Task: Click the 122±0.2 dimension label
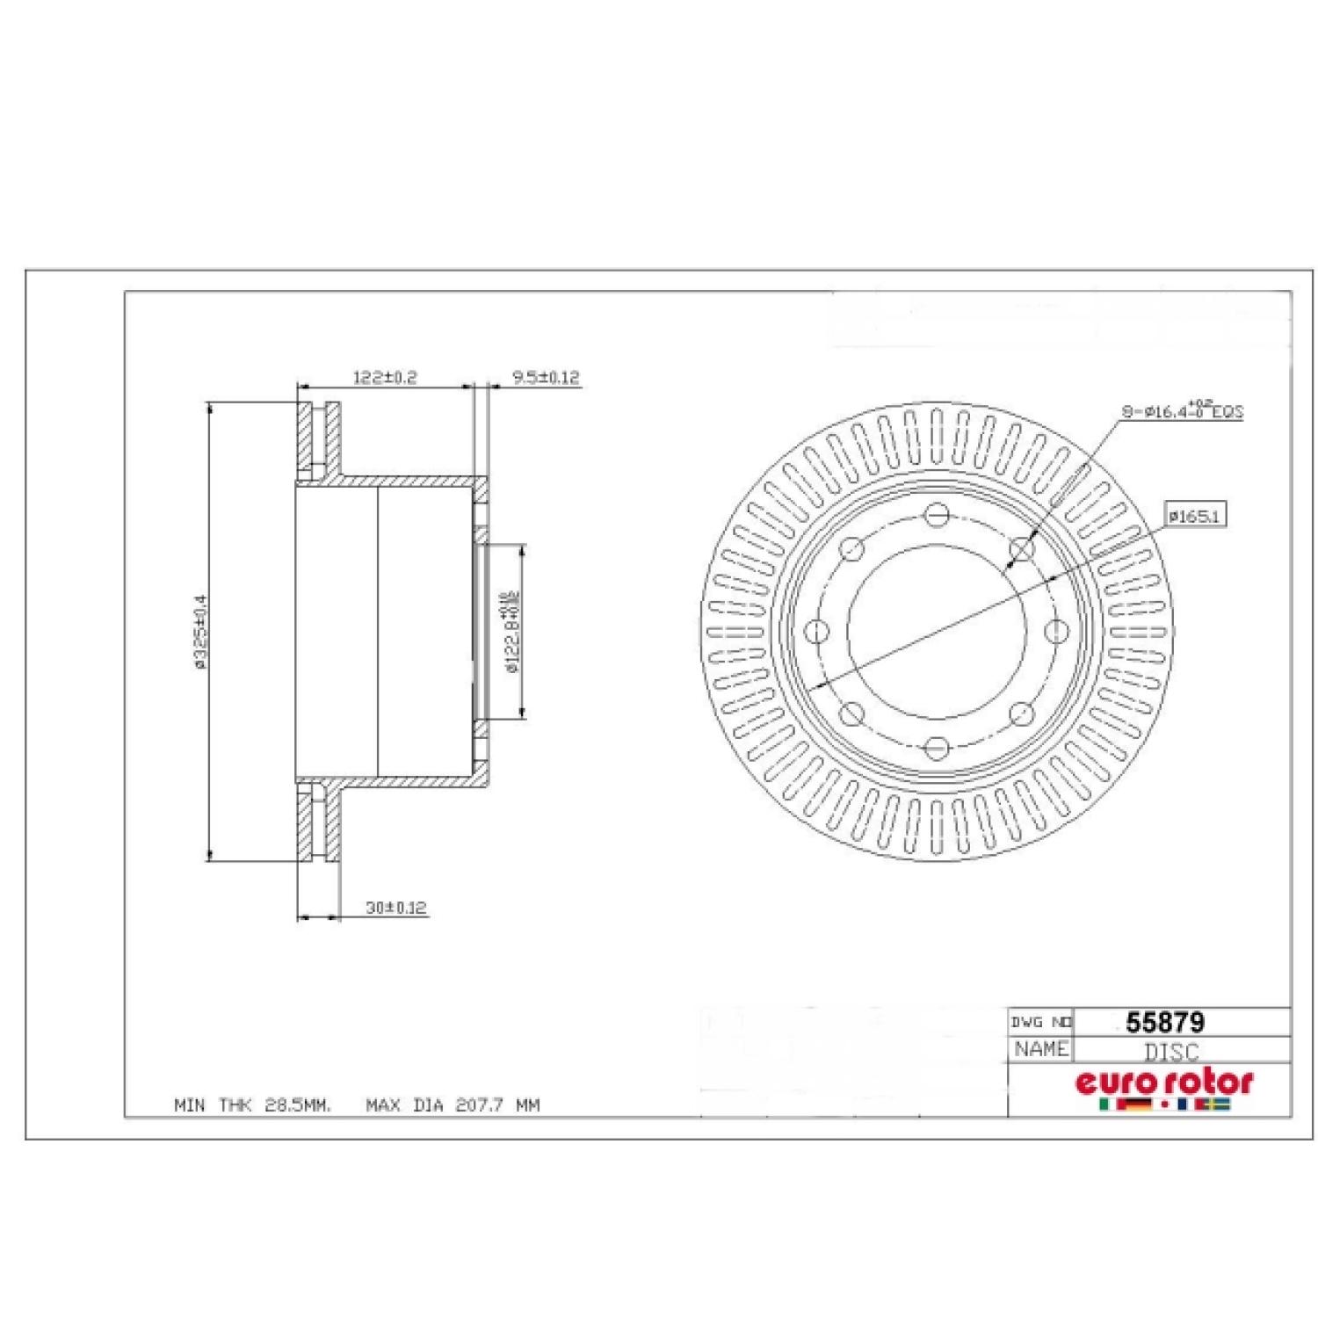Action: pyautogui.click(x=384, y=378)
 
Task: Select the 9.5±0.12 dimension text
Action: pyautogui.click(x=546, y=378)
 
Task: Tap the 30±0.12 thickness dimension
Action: pyautogui.click(x=395, y=908)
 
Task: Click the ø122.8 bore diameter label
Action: pyautogui.click(x=511, y=632)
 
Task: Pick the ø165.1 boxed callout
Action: pyautogui.click(x=1194, y=516)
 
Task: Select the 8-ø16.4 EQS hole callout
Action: pyautogui.click(x=1183, y=410)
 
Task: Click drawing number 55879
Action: pyautogui.click(x=1165, y=1022)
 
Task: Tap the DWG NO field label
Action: pyautogui.click(x=1040, y=1022)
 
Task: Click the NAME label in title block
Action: pyautogui.click(x=1040, y=1049)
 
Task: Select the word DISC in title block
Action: pyautogui.click(x=1170, y=1052)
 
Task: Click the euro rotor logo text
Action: pyautogui.click(x=1164, y=1083)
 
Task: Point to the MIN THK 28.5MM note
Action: pyautogui.click(x=253, y=1105)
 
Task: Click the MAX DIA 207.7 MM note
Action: pyautogui.click(x=453, y=1105)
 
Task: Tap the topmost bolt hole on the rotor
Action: pyautogui.click(x=938, y=514)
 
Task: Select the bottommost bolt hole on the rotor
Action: pyautogui.click(x=937, y=748)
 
